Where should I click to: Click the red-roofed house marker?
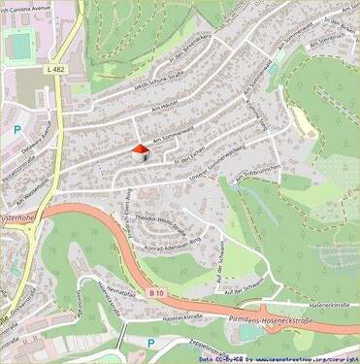pyautogui.click(x=140, y=152)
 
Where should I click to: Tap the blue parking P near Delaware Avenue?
pyautogui.click(x=16, y=128)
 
